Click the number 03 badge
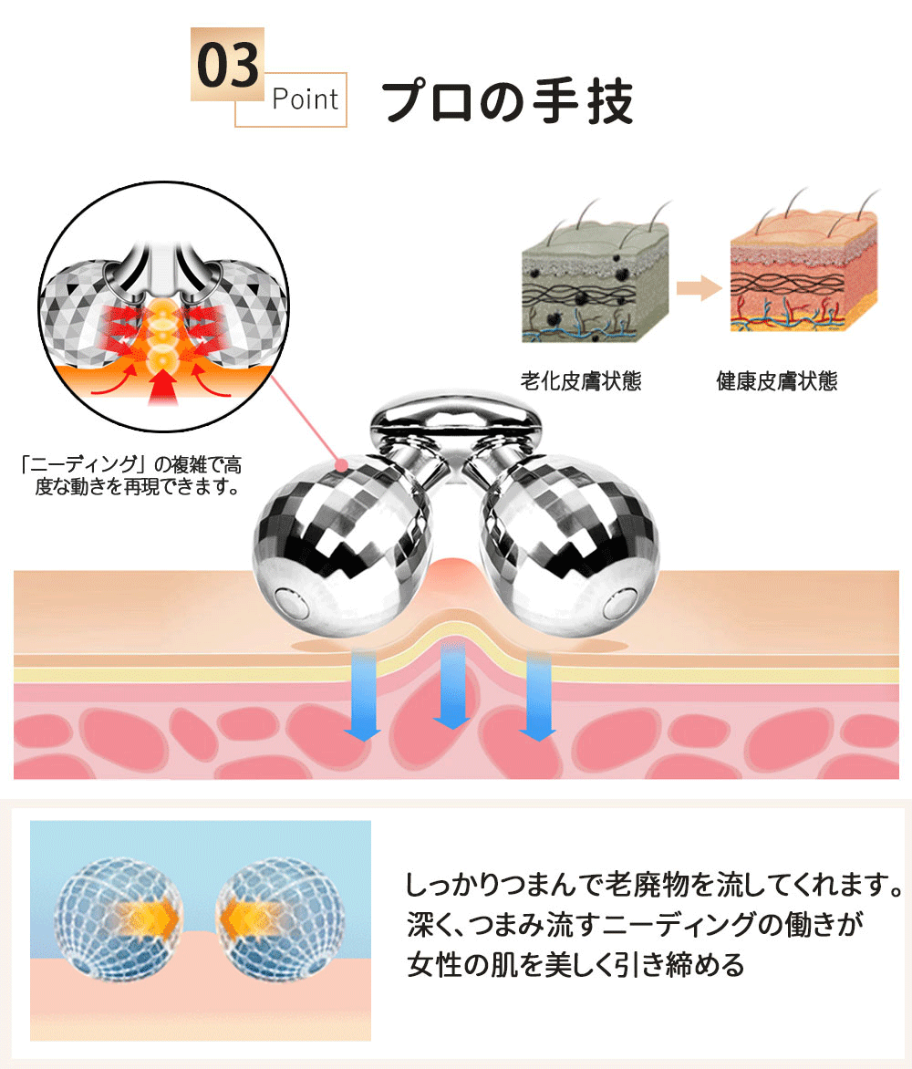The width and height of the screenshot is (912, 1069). (x=226, y=65)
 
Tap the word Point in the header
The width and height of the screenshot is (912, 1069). (x=305, y=99)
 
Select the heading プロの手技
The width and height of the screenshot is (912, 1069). (x=507, y=102)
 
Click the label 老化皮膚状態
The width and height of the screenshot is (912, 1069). (x=580, y=380)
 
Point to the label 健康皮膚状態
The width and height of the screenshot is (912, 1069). (x=776, y=380)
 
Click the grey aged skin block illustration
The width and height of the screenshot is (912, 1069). (x=594, y=278)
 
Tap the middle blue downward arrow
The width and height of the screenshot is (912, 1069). (x=451, y=684)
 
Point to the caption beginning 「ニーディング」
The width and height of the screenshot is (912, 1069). (x=130, y=474)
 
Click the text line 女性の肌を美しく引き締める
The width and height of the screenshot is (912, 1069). (x=575, y=964)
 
